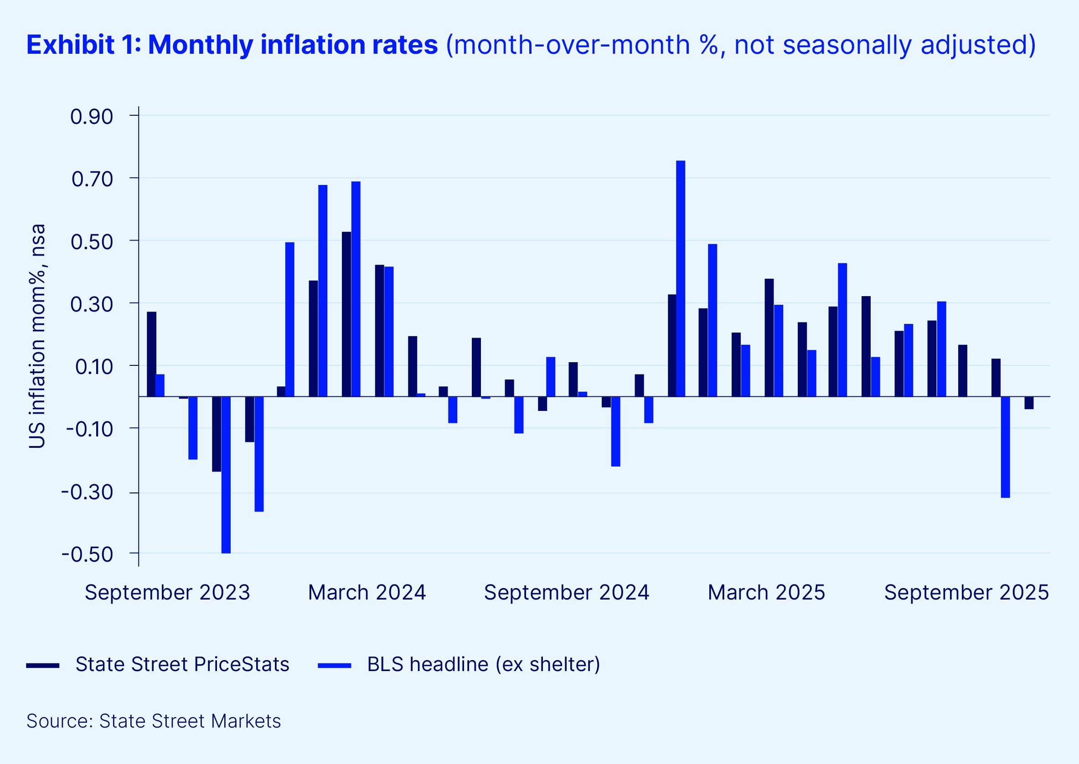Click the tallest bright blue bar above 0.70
[x=680, y=278]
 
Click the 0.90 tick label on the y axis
[x=92, y=117]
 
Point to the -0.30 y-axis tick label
[x=88, y=492]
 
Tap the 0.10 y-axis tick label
[x=94, y=366]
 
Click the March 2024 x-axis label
[x=367, y=592]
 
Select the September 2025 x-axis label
[x=966, y=592]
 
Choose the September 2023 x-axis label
[x=167, y=592]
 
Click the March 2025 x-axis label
[x=766, y=592]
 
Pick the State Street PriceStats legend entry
[x=182, y=664]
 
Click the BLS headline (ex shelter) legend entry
[x=483, y=664]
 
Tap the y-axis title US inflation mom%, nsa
[x=37, y=336]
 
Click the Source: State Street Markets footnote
[x=154, y=721]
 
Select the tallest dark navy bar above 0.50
[x=346, y=314]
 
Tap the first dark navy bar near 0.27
[x=151, y=354]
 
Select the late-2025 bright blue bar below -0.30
[x=1005, y=447]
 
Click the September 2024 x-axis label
[x=566, y=592]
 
